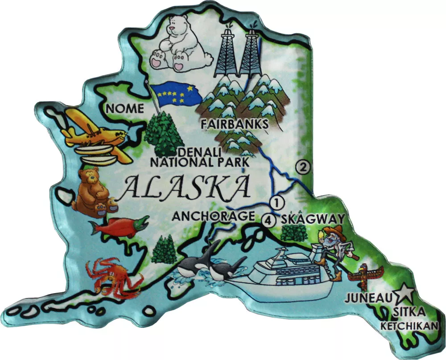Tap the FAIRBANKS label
(x=235, y=123)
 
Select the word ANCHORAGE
(x=213, y=217)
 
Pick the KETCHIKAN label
(x=409, y=326)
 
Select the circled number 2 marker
(x=303, y=168)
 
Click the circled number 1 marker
(x=277, y=202)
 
